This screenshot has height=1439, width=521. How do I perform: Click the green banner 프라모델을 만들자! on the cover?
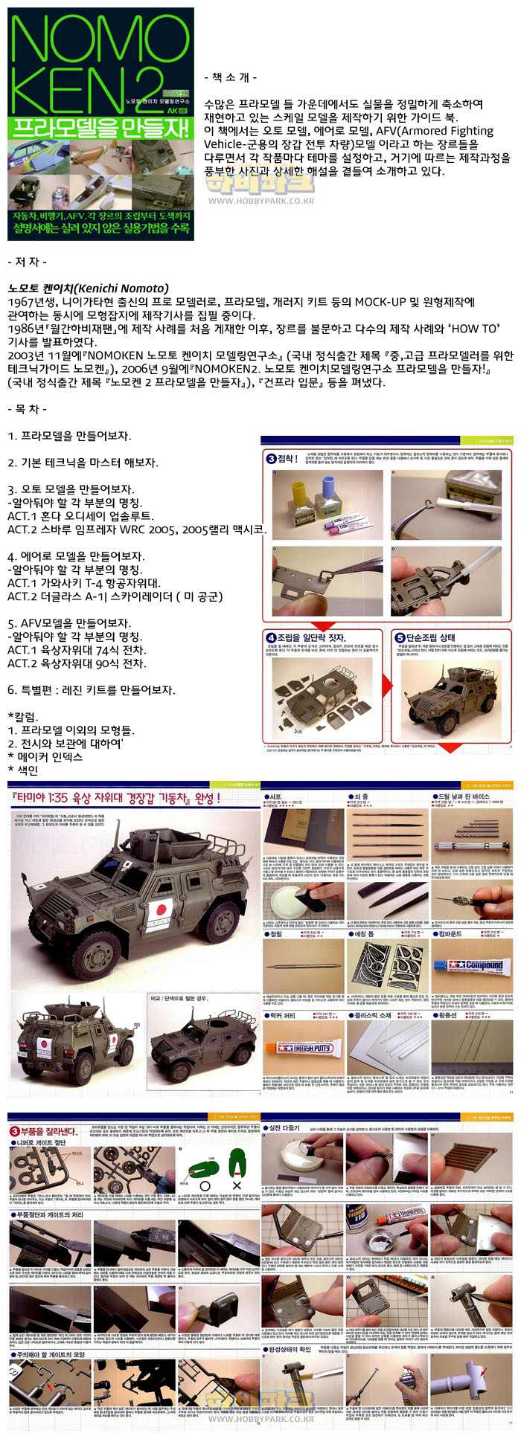(100, 128)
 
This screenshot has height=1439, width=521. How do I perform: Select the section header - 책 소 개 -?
(231, 77)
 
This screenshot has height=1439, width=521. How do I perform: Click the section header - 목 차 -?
(28, 408)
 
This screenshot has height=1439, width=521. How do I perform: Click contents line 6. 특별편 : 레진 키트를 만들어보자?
(92, 689)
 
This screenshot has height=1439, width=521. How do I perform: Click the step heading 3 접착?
(282, 458)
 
